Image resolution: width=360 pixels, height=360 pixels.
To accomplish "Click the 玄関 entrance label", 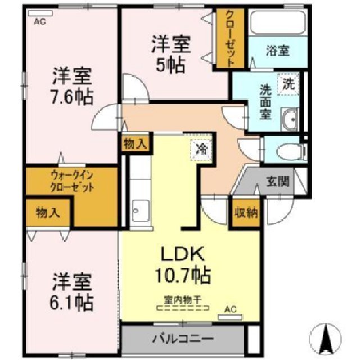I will click(277, 181).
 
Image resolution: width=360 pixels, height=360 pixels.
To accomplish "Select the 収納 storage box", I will click(245, 213).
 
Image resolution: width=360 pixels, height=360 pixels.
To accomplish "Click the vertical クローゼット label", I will click(230, 39).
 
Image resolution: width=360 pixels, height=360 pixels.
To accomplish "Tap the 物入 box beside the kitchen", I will click(134, 143).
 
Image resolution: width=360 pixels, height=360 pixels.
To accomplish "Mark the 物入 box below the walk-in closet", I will click(47, 213).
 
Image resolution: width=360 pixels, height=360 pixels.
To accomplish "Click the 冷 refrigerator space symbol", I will click(201, 149).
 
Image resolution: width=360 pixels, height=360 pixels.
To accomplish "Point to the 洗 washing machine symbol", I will click(289, 85).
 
